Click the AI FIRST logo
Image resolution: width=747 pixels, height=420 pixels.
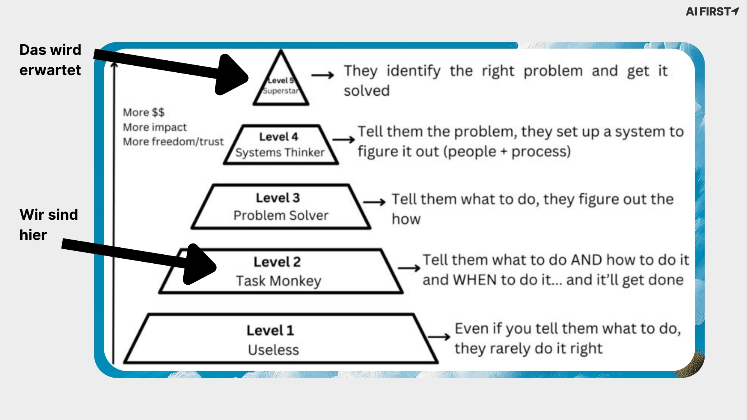712,12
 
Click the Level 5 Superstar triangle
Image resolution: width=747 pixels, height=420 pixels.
281,86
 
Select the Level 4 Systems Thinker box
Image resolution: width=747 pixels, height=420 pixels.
281,145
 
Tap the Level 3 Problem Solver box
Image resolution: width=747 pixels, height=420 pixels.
281,206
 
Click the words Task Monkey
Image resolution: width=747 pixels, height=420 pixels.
279,281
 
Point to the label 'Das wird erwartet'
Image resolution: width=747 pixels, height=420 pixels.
50,60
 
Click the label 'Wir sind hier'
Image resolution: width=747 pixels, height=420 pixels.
48,225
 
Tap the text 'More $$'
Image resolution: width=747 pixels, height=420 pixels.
144,112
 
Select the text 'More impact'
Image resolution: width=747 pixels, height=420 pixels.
155,127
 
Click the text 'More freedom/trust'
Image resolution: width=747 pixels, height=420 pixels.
173,142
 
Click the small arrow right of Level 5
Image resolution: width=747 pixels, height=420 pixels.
323,75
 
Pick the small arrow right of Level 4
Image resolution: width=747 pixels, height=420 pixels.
344,140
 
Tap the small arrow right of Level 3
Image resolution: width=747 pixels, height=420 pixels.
374,202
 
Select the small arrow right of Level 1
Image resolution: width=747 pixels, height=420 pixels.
439,337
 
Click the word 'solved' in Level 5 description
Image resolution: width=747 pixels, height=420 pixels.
366,91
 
